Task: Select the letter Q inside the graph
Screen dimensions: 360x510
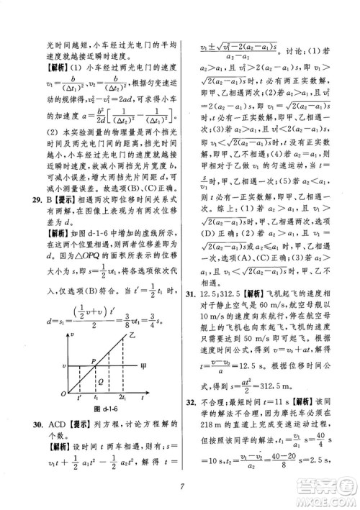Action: (x=102, y=371)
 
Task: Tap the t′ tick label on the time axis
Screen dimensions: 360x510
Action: (x=80, y=397)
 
